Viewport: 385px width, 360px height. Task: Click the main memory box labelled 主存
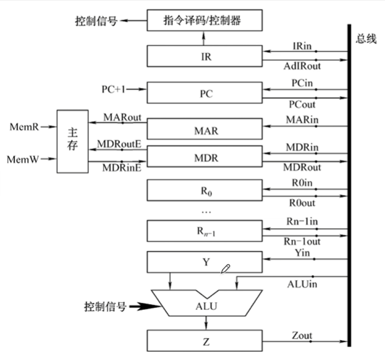[x=73, y=141]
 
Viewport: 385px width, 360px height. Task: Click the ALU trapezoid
[x=205, y=306]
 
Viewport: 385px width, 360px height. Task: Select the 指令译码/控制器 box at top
[x=205, y=21]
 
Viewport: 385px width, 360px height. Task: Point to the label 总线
[x=366, y=39]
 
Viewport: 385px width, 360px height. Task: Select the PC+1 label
[x=113, y=88]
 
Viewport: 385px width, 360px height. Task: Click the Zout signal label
[x=302, y=335]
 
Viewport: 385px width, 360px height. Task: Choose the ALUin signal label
[x=302, y=284]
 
